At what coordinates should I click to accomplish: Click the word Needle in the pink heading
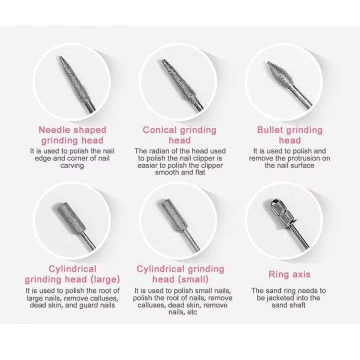pyautogui.click(x=53, y=130)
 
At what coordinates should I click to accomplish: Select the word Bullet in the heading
pyautogui.click(x=270, y=130)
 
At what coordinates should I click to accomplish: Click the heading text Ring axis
pyautogui.click(x=289, y=274)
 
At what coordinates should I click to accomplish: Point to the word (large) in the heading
pyautogui.click(x=105, y=279)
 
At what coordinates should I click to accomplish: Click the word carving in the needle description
pyautogui.click(x=72, y=165)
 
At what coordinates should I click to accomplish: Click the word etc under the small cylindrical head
pyautogui.click(x=192, y=312)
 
